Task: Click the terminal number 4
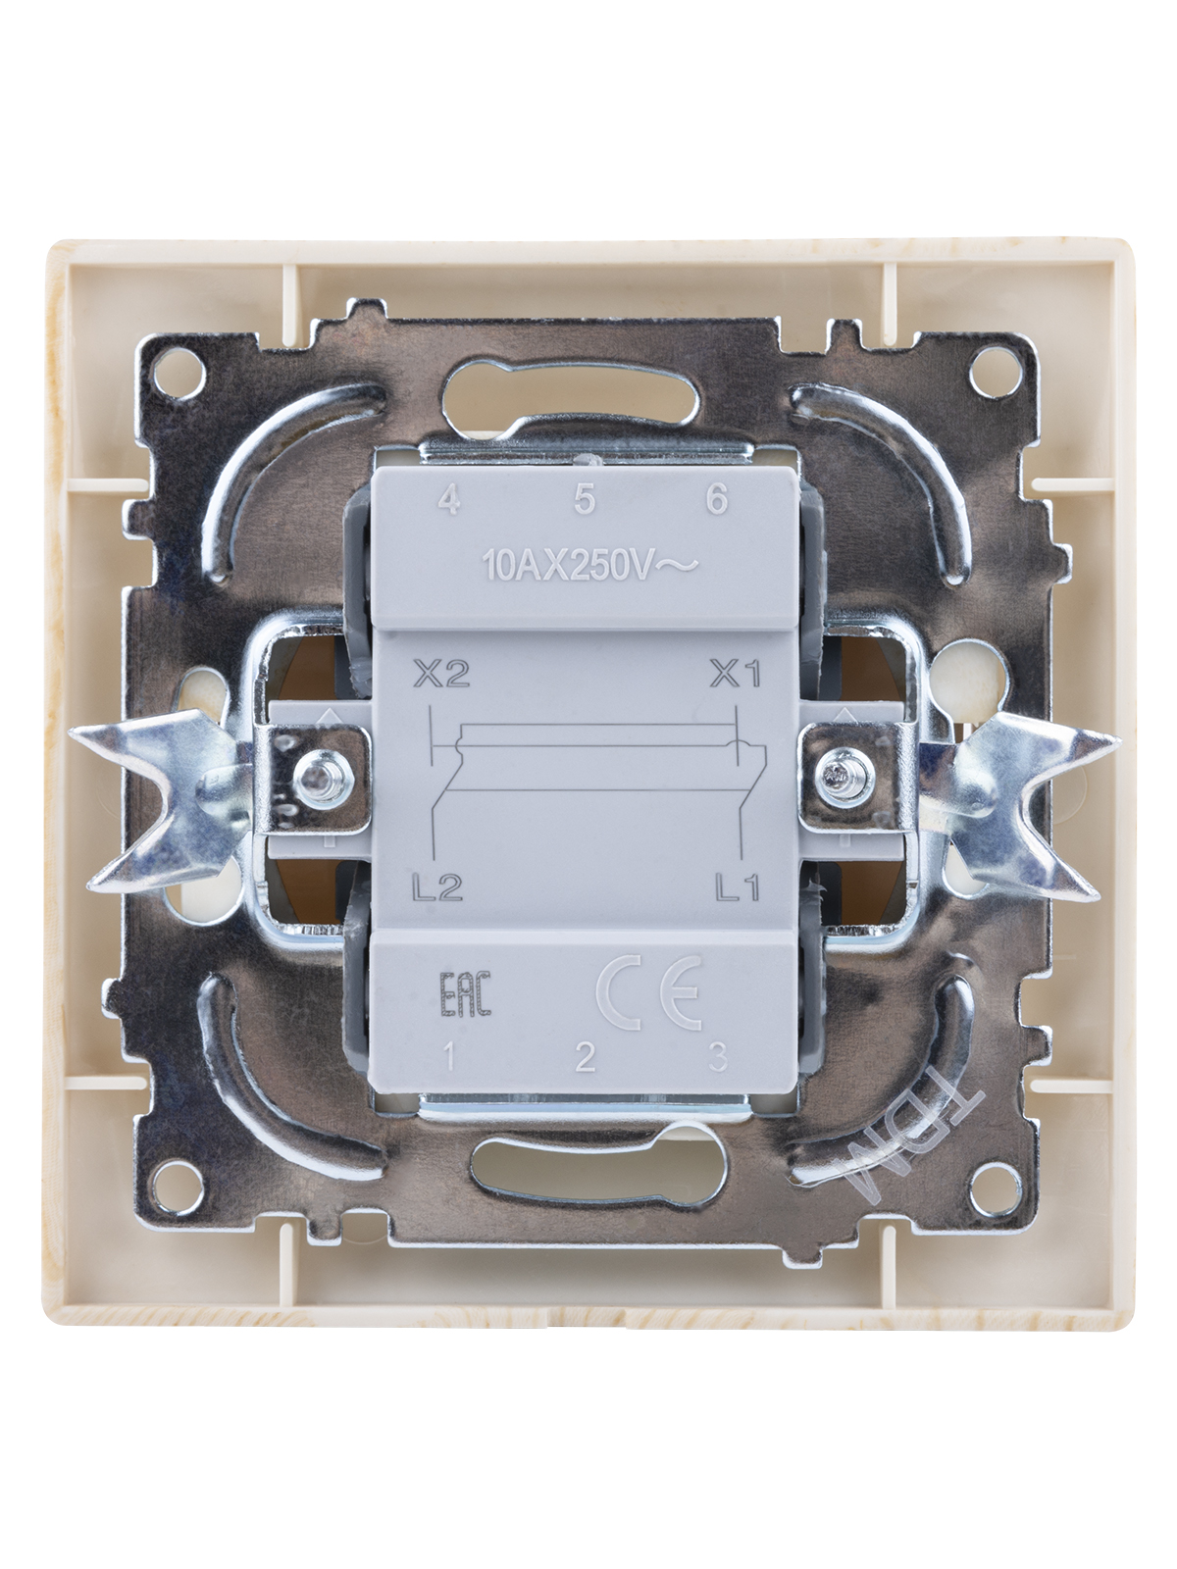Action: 448,500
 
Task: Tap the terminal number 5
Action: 584,500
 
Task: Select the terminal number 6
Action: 717,500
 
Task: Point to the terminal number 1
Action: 449,1057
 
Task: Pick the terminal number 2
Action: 585,1057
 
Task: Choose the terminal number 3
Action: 718,1057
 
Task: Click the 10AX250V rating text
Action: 589,566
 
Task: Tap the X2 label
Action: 441,674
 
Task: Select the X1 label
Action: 735,674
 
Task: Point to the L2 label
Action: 438,888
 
